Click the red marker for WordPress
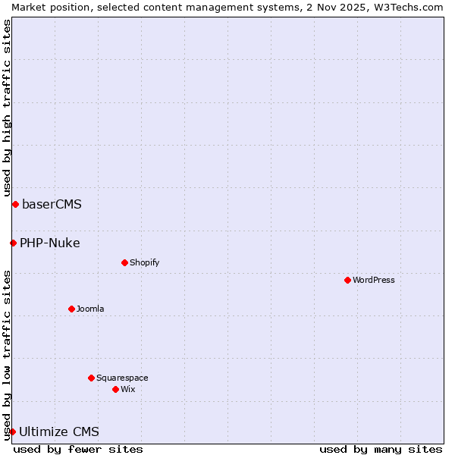pyautogui.click(x=347, y=280)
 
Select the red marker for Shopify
pyautogui.click(x=124, y=262)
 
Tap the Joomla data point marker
pyautogui.click(x=71, y=309)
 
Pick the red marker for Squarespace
pyautogui.click(x=91, y=378)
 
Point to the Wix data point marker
pyautogui.click(x=115, y=389)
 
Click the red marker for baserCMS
pyautogui.click(x=15, y=204)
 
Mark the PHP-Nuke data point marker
pyautogui.click(x=13, y=243)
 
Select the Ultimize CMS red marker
pyautogui.click(x=12, y=431)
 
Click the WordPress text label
pyautogui.click(x=374, y=280)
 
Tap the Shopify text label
pyautogui.click(x=145, y=262)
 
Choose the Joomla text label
pyautogui.click(x=90, y=309)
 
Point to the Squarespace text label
pyautogui.click(x=122, y=378)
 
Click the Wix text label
pyautogui.click(x=128, y=389)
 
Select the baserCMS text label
pyautogui.click(x=52, y=204)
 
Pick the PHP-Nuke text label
pyautogui.click(x=50, y=243)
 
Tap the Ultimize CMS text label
pyautogui.click(x=59, y=431)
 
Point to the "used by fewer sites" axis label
pyautogui.click(x=78, y=449)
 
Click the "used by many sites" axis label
pyautogui.click(x=381, y=449)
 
